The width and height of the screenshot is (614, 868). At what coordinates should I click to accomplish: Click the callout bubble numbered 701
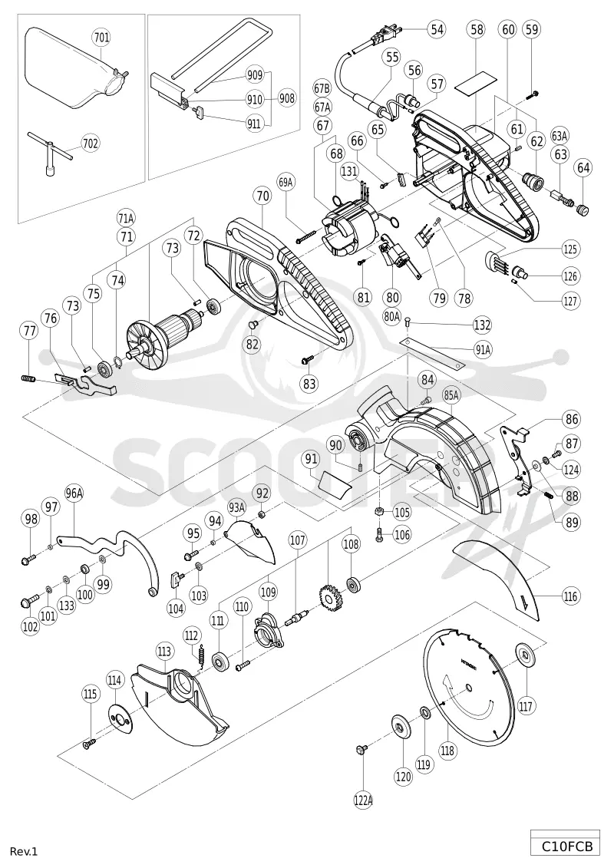coord(101,38)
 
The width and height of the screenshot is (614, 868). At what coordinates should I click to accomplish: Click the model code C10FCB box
coord(566,847)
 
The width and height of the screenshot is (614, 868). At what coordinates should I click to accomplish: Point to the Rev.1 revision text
coord(24,851)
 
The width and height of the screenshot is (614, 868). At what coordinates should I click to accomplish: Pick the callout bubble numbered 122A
coord(362,800)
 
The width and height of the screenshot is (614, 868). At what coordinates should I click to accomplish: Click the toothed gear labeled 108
coord(331,598)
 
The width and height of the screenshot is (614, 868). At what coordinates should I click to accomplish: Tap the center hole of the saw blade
coord(469,688)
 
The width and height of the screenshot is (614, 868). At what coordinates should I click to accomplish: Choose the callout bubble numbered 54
coord(437,29)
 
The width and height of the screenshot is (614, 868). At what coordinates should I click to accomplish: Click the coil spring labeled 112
coord(202,655)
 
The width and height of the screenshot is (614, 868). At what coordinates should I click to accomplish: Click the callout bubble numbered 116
coord(571,597)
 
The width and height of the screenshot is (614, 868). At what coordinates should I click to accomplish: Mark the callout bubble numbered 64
coord(583,167)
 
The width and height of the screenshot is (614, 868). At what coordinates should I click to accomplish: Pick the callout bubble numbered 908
coord(287,98)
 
